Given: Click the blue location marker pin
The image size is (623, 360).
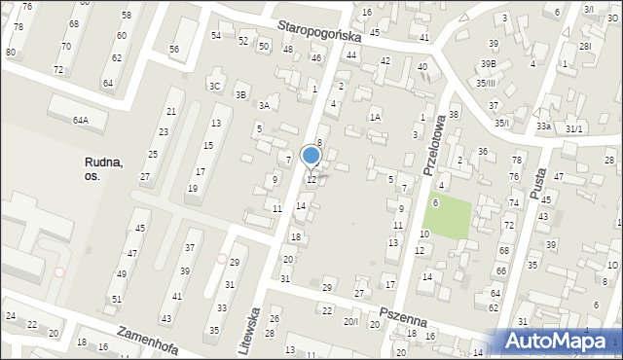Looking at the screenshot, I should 311,156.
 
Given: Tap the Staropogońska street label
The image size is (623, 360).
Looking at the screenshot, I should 318,32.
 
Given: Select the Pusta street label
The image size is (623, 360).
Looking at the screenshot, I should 538,181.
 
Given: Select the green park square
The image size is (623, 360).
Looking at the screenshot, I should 448,216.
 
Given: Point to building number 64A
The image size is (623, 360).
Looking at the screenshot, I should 80,121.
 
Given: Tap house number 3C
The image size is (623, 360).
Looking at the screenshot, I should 214,86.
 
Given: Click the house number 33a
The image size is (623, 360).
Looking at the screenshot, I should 543,126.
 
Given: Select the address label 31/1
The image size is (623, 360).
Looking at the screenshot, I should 574,128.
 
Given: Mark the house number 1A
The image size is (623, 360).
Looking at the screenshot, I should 375,117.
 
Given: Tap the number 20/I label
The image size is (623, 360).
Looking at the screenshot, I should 350,322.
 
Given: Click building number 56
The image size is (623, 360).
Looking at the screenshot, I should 174,49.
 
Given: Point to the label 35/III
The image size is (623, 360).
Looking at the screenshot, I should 486,83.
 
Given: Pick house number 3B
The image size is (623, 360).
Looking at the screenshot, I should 241,94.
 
